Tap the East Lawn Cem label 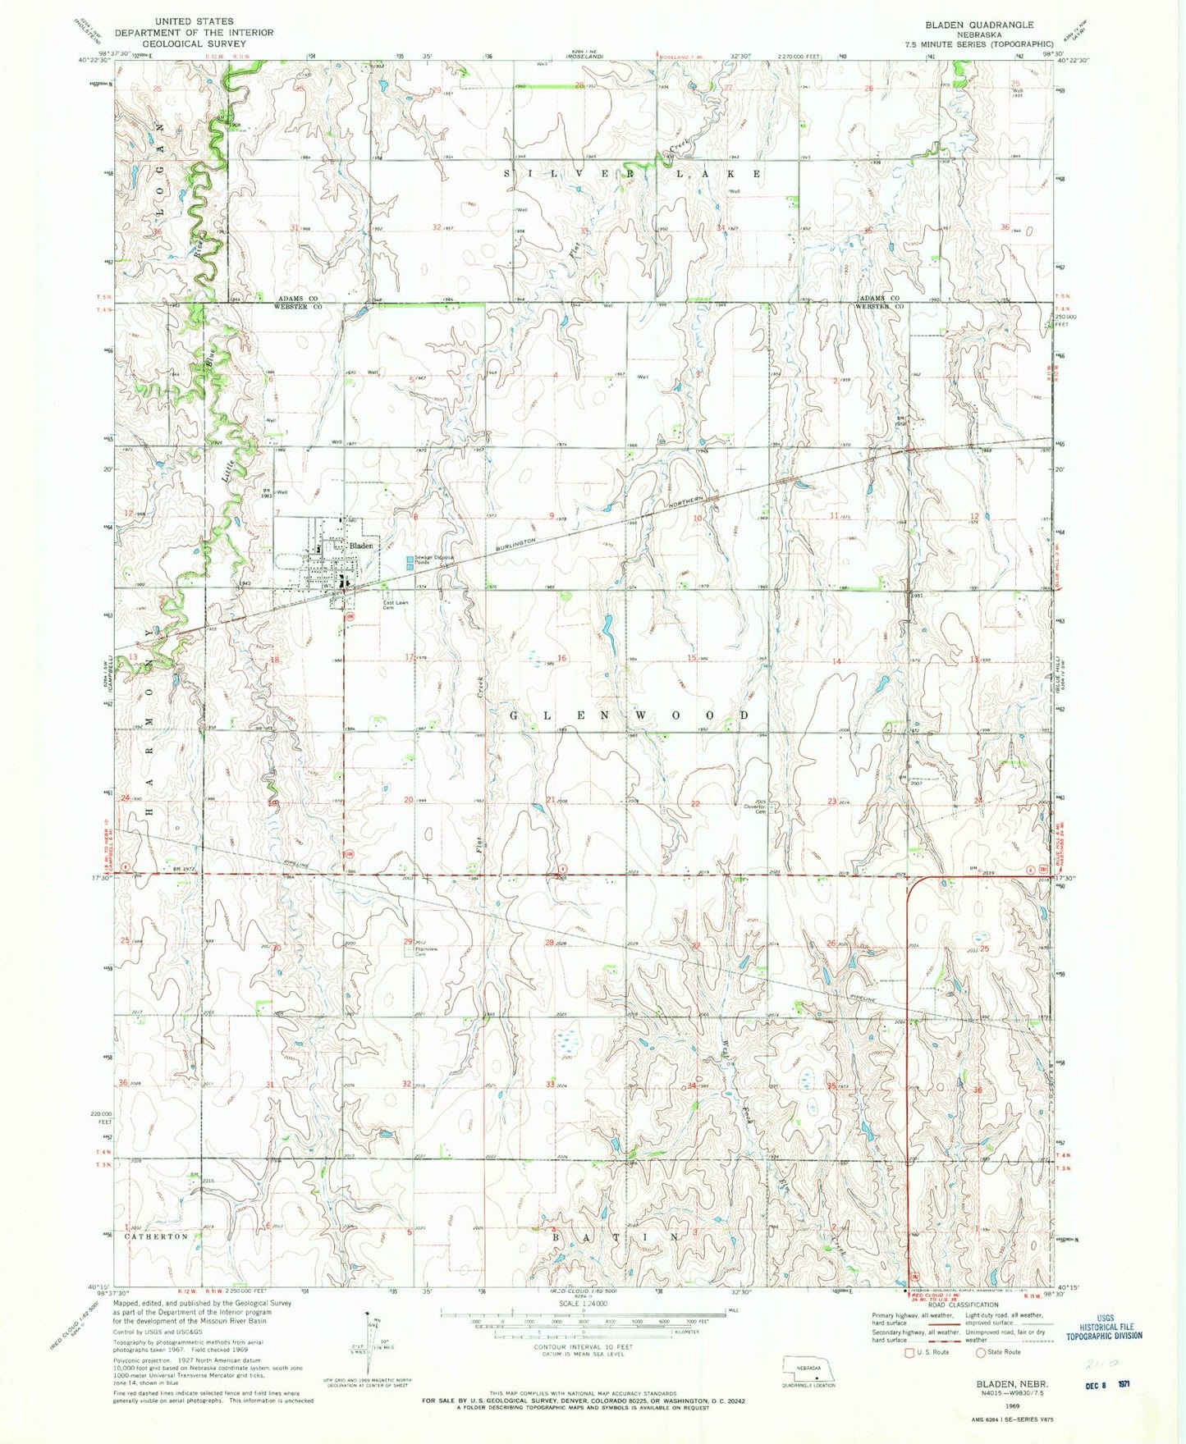click(396, 606)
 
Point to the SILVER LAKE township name click(632, 174)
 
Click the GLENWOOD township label click(630, 715)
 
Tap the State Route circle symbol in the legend click(979, 1352)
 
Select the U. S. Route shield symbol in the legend click(909, 1352)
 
